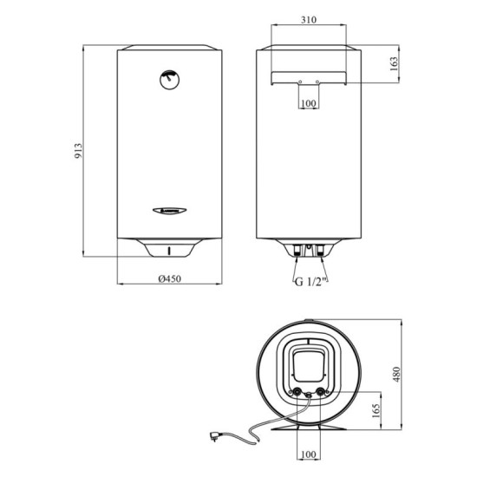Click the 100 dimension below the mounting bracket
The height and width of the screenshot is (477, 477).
(308, 104)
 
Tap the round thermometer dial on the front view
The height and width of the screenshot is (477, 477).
(169, 79)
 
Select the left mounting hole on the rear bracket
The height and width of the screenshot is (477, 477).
(299, 82)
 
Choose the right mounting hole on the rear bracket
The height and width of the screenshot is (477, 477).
(317, 82)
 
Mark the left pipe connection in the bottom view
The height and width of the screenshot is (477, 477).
(298, 393)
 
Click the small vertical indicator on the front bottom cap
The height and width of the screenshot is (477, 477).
(170, 252)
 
